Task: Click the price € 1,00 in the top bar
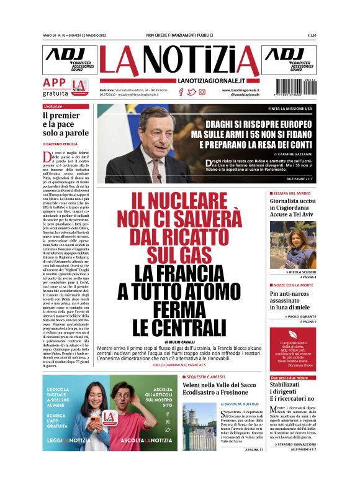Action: tap(312, 35)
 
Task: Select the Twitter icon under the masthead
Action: tap(191, 92)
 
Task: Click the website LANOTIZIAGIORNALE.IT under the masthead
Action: tap(210, 81)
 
